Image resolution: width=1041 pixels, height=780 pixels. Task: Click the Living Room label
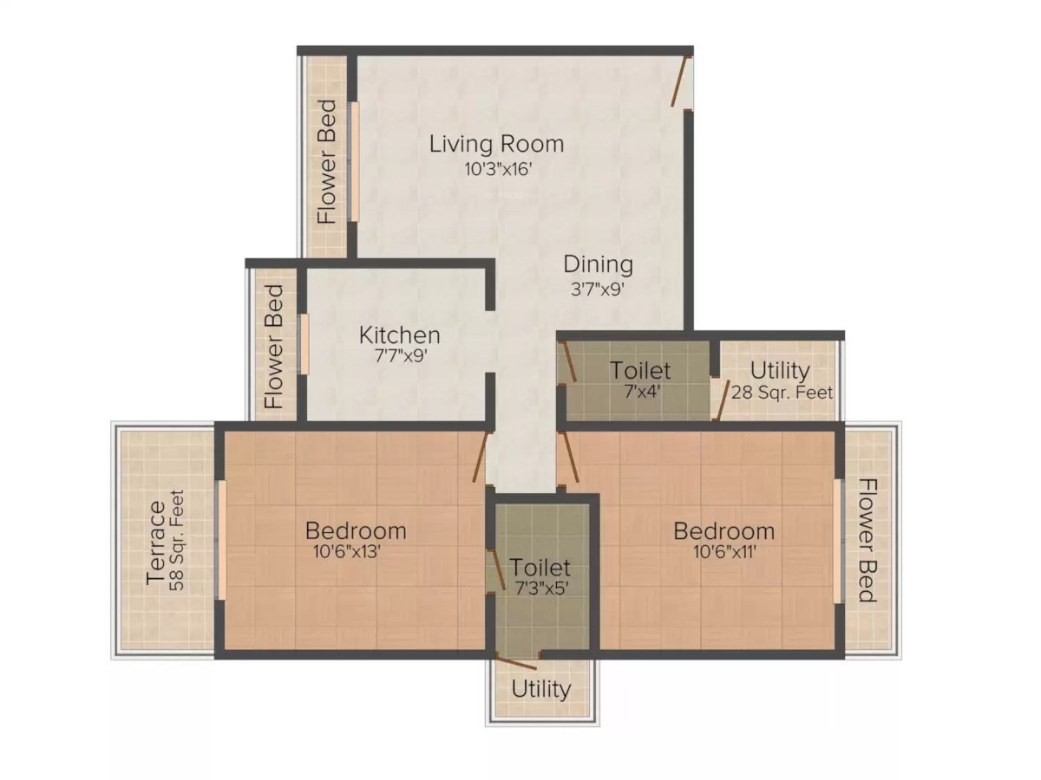(x=496, y=144)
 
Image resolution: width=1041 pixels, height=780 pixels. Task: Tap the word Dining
(x=598, y=264)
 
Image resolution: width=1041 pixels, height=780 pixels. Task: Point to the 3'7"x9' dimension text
(x=597, y=289)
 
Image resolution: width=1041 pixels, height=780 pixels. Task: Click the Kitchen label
(x=399, y=335)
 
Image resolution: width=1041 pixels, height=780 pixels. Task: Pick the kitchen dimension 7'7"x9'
(x=401, y=355)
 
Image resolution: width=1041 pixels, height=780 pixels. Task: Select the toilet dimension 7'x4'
(x=642, y=392)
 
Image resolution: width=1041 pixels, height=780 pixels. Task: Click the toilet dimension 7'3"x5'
(x=541, y=588)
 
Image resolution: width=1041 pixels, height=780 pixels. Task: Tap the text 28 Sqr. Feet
(x=782, y=393)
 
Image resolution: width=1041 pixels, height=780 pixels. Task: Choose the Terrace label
(x=156, y=543)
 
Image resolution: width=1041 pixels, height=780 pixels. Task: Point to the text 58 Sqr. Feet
(x=177, y=540)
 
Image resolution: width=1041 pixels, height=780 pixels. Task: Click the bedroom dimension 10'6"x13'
(x=347, y=552)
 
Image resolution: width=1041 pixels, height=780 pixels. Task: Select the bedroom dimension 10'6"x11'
(x=724, y=552)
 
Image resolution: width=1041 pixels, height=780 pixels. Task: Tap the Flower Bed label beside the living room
(x=327, y=161)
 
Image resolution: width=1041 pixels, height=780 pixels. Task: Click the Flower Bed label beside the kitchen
(x=274, y=347)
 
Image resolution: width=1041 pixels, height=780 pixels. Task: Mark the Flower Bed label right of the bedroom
(x=867, y=540)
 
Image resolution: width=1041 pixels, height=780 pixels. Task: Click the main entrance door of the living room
(x=679, y=81)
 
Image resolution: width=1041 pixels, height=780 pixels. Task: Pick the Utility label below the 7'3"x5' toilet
(x=541, y=690)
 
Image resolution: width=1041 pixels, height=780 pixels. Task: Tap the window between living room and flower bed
(x=354, y=161)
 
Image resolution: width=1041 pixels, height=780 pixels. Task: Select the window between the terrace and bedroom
(x=221, y=540)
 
